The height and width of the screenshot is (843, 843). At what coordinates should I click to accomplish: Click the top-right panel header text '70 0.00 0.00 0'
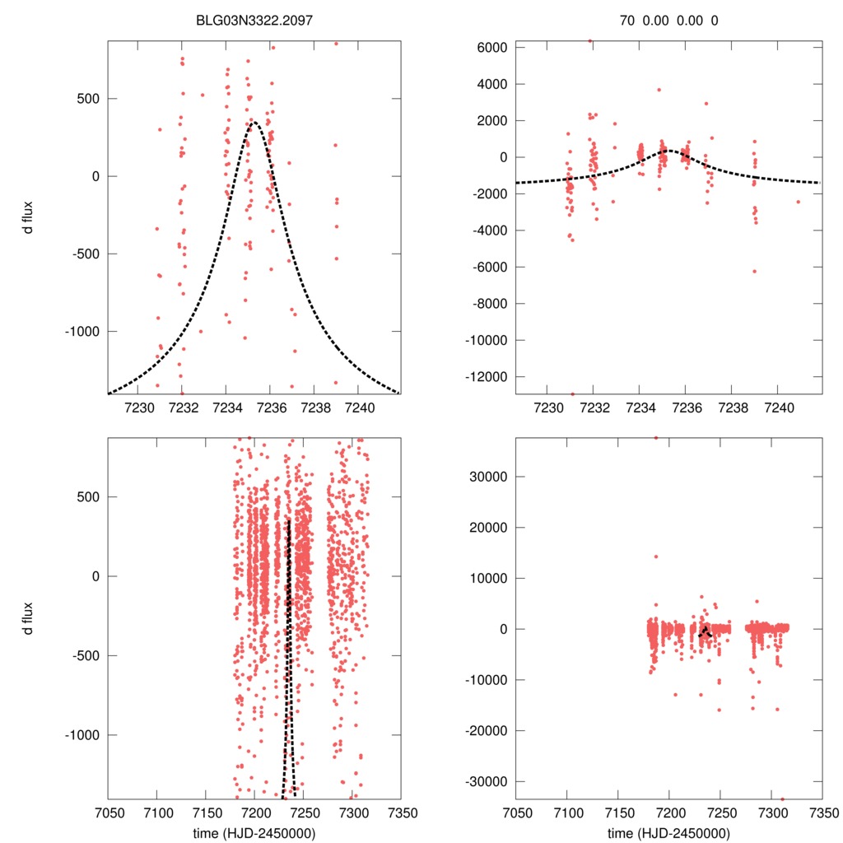click(x=668, y=20)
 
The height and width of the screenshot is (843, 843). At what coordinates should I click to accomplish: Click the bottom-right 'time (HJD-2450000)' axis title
click(x=668, y=833)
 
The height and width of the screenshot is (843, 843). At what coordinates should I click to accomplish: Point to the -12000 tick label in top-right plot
click(x=484, y=376)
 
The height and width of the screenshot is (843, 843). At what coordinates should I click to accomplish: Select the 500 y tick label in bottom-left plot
click(x=88, y=497)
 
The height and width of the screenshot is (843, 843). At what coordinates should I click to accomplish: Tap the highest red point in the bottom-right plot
click(x=656, y=438)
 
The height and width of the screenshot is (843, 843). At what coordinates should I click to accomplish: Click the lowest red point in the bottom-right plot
click(x=782, y=798)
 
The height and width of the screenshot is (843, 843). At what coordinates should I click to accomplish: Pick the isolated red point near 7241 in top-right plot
click(x=798, y=202)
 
